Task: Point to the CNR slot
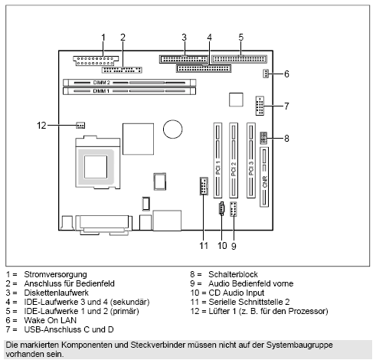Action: click(265, 178)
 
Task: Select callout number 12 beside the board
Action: click(44, 124)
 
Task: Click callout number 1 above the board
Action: click(103, 37)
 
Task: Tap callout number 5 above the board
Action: click(240, 37)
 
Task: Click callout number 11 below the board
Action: click(204, 244)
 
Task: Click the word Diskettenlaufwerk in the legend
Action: click(57, 289)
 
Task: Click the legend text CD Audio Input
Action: click(237, 289)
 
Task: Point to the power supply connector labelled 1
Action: click(94, 61)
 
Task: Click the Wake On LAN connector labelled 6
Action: click(263, 74)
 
